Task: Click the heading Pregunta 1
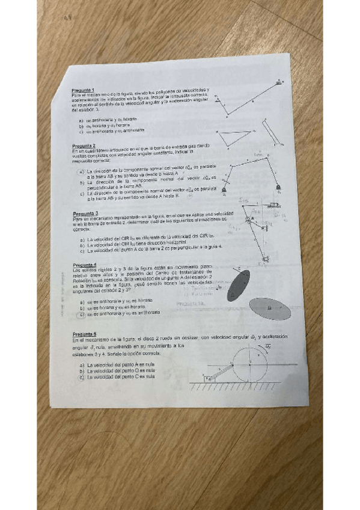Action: [x=82, y=90]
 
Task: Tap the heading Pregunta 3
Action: [x=85, y=213]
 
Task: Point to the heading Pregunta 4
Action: [x=84, y=265]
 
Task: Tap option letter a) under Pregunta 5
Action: [x=82, y=365]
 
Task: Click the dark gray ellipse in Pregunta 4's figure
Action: [x=239, y=285]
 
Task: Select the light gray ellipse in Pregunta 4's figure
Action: [x=270, y=309]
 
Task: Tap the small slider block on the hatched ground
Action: [x=209, y=378]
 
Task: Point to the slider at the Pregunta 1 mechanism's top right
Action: [x=280, y=81]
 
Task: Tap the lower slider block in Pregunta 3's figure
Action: [x=249, y=259]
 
